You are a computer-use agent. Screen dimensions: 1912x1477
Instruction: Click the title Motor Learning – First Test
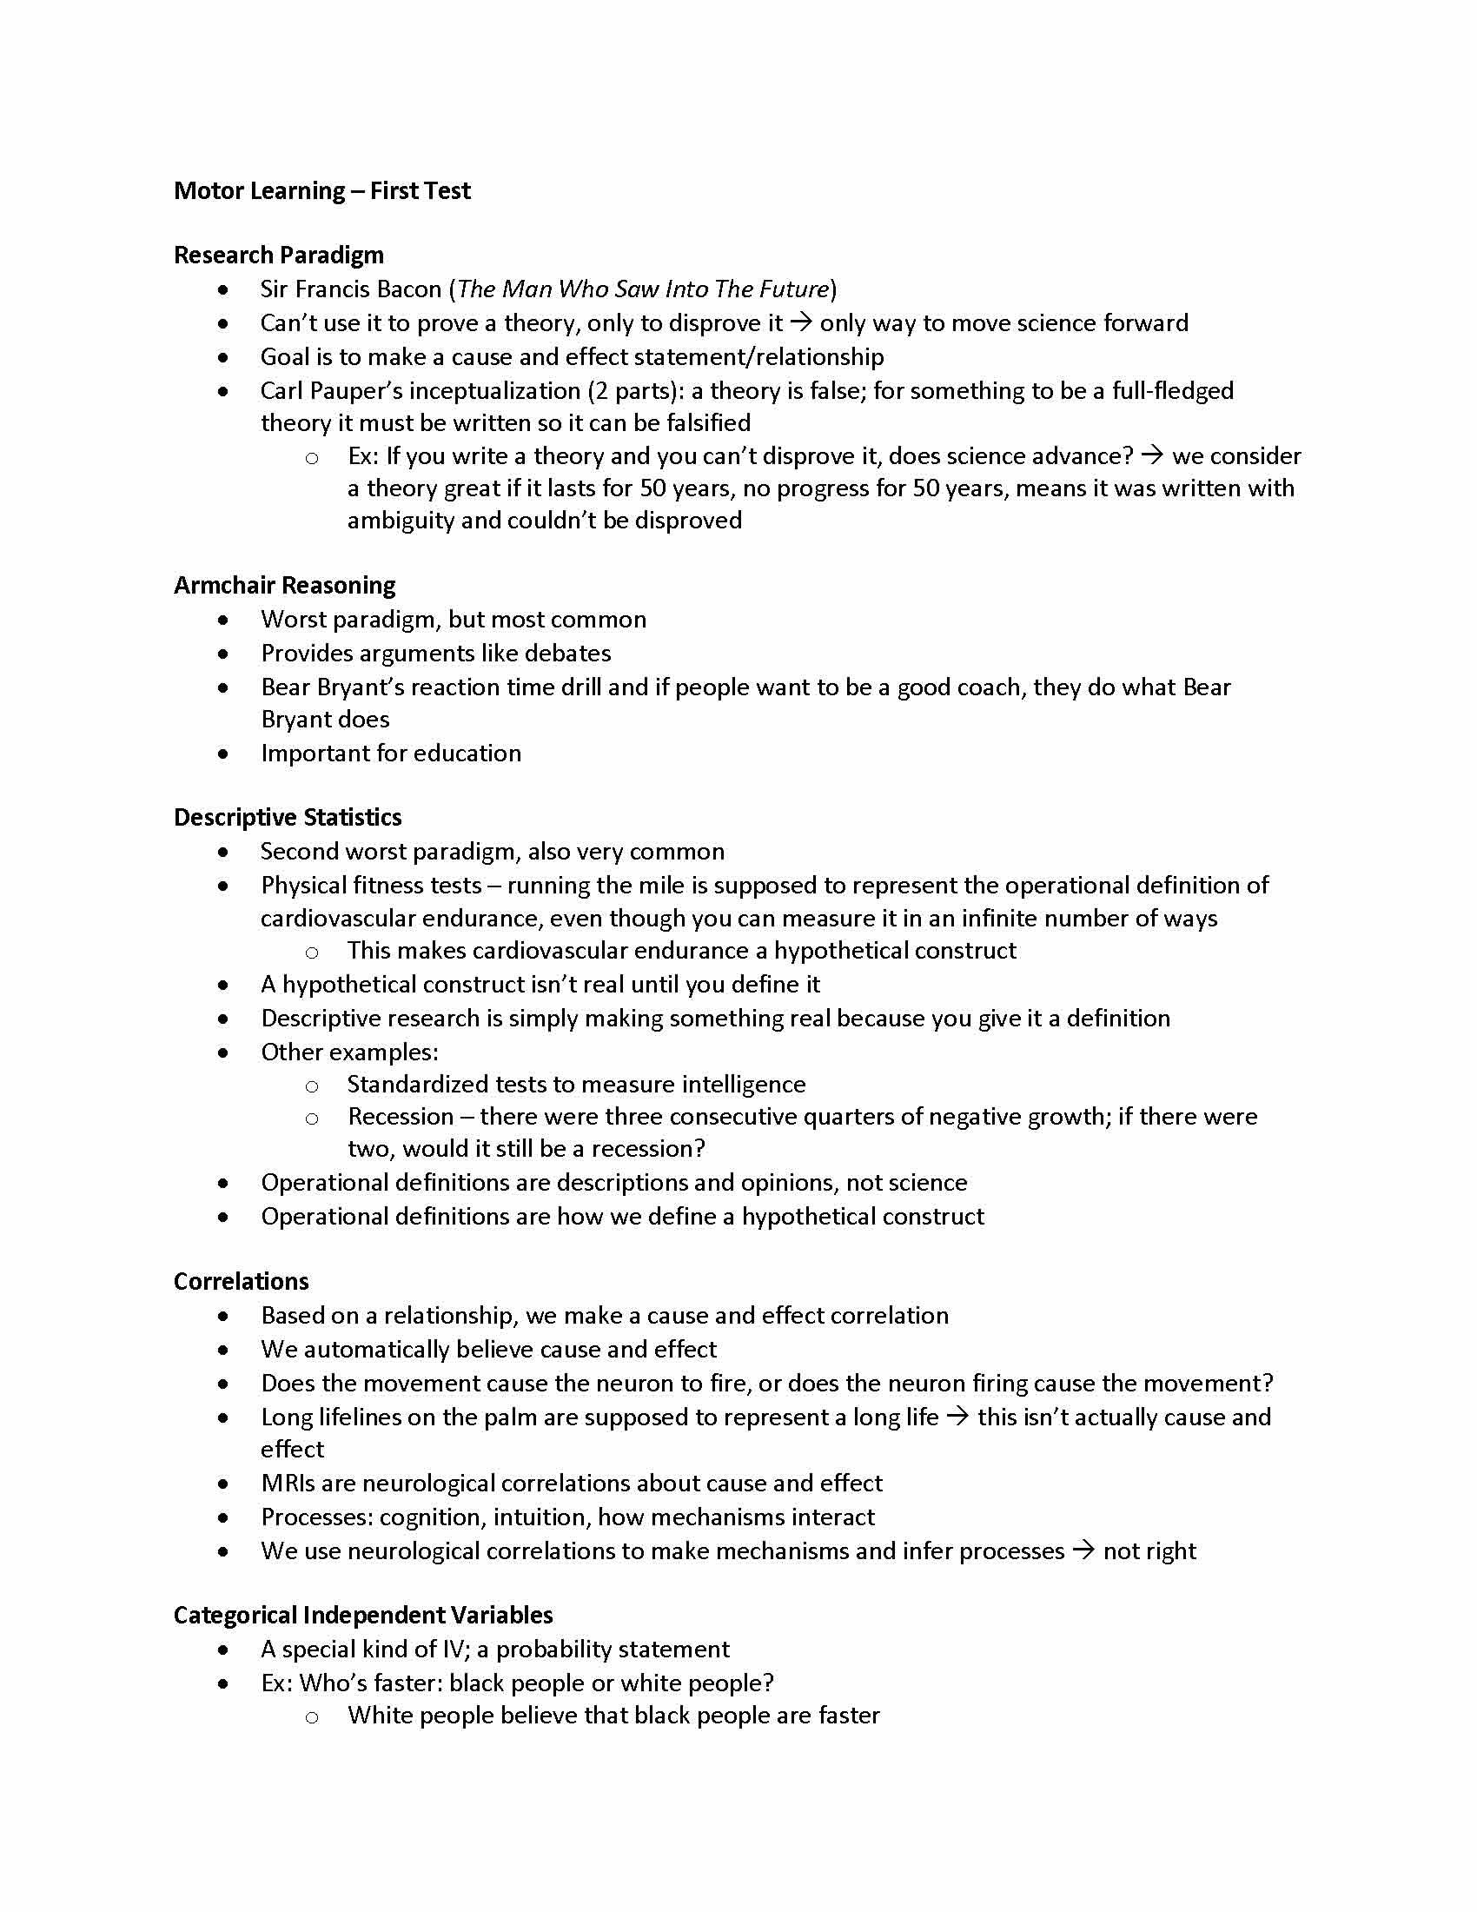click(x=322, y=191)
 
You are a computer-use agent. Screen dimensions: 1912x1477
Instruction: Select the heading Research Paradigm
click(x=278, y=255)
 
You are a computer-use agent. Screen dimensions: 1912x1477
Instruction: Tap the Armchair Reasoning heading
click(x=284, y=585)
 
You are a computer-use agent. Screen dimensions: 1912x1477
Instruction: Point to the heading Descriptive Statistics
click(x=288, y=817)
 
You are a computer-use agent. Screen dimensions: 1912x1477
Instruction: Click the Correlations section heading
click(x=242, y=1281)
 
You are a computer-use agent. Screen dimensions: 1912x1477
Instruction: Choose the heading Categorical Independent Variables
click(x=363, y=1615)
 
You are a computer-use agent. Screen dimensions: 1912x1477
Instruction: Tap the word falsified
click(x=704, y=423)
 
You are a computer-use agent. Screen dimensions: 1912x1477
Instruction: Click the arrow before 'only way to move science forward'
click(x=801, y=323)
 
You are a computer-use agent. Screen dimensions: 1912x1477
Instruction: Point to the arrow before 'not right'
click(x=1083, y=1550)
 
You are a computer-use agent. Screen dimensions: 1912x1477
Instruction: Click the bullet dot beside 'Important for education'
click(x=224, y=753)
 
